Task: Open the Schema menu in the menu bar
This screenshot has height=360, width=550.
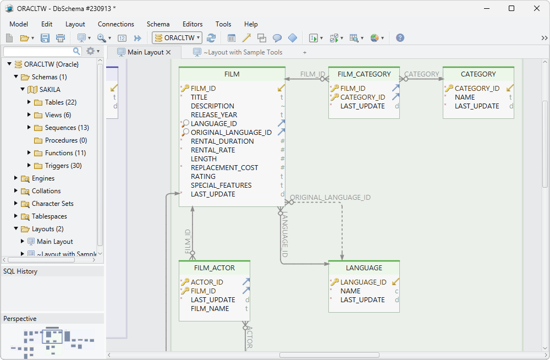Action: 158,24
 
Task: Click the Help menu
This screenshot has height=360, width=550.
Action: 251,24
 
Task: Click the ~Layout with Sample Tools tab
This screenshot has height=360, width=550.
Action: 243,52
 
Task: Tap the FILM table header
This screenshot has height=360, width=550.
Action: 232,74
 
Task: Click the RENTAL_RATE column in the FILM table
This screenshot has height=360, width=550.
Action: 213,150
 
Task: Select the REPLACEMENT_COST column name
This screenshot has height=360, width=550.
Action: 224,168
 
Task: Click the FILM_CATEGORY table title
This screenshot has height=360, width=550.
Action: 364,74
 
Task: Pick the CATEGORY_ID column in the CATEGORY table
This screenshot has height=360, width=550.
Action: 477,89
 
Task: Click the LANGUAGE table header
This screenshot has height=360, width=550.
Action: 364,268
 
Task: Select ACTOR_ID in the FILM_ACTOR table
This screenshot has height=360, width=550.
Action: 207,282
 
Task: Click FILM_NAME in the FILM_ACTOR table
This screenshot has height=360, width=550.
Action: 210,309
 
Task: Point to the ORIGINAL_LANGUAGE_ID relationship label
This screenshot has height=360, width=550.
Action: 330,198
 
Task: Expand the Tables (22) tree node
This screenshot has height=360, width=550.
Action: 29,102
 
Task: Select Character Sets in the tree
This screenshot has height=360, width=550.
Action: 52,204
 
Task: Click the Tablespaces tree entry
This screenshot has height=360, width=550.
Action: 49,216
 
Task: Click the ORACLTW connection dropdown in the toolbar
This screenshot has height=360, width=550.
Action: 178,38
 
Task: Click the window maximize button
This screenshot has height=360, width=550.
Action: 512,8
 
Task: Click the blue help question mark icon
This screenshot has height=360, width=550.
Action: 400,38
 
